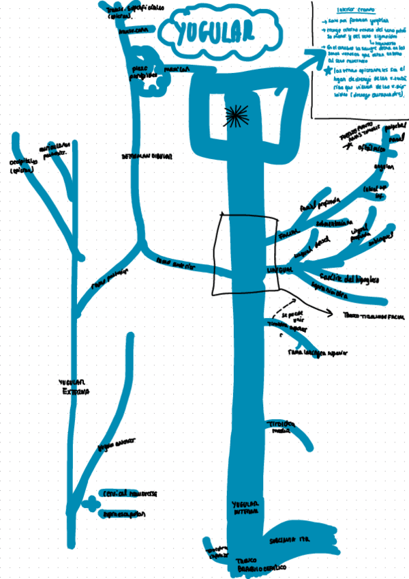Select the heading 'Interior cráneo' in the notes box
click(339, 10)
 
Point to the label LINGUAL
click(280, 271)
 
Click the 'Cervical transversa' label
click(128, 493)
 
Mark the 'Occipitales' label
click(21, 166)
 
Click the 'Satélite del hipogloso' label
click(348, 279)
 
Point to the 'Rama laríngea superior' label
click(318, 354)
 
